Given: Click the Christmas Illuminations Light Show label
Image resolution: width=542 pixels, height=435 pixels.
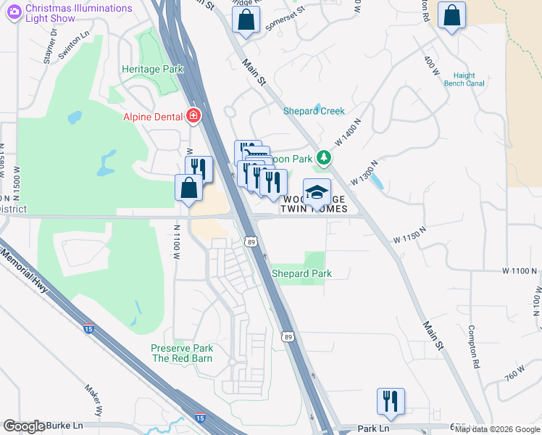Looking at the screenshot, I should (78, 13).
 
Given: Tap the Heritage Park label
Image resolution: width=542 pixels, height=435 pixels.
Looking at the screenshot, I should (152, 69).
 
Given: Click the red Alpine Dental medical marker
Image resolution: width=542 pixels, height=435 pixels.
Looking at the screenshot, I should (193, 115).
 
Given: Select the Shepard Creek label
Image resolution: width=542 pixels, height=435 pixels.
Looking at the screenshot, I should (314, 111).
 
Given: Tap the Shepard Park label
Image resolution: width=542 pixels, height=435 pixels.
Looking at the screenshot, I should (301, 273).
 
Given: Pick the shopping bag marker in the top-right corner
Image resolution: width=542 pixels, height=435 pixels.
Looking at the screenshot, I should (451, 16).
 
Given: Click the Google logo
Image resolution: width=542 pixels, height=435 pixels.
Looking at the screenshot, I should (24, 426).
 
